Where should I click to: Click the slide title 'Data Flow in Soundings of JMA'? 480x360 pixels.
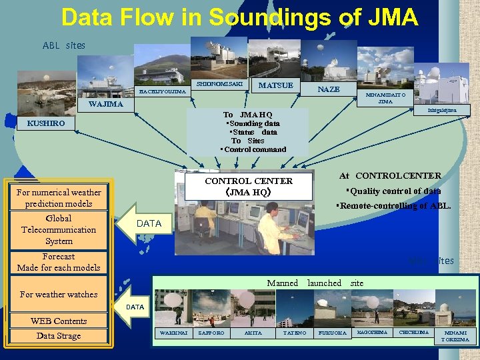coord(239,17)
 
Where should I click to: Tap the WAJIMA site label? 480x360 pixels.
coord(106,105)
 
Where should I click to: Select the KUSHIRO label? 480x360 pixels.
coord(46,123)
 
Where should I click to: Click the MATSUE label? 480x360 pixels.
coord(275,85)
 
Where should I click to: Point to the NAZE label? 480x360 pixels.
coord(328,89)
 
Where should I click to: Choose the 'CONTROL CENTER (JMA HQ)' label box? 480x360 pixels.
coord(249,186)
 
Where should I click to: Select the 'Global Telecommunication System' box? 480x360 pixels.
coord(59,229)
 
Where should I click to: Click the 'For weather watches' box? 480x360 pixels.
coord(59,295)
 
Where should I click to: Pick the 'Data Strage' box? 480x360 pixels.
coord(59,336)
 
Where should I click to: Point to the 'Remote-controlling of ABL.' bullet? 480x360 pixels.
coord(393,206)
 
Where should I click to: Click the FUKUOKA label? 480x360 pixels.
coord(331,333)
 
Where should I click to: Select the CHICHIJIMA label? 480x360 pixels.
coord(414,332)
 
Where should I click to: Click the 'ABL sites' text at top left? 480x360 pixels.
coord(64,45)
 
